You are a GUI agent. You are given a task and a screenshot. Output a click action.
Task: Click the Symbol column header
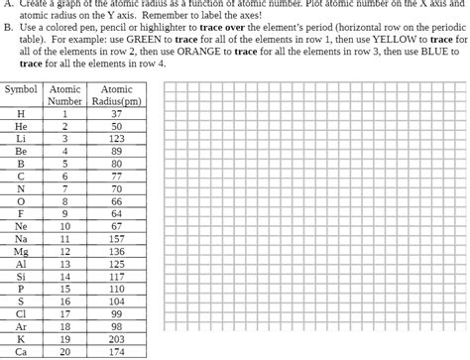[x=21, y=88]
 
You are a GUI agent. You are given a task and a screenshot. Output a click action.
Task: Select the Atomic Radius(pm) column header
[x=116, y=94]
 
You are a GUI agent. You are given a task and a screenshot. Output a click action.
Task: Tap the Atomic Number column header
[x=65, y=94]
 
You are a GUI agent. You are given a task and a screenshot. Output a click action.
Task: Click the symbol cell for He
[x=21, y=127]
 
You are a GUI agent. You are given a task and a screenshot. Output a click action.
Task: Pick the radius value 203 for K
[x=116, y=338]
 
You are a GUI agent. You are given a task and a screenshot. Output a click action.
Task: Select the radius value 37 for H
[x=116, y=114]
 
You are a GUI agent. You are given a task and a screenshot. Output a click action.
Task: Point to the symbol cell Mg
[x=21, y=252]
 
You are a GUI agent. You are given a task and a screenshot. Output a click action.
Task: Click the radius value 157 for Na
[x=116, y=239]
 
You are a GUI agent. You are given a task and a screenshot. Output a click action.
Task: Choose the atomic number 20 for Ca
[x=65, y=351]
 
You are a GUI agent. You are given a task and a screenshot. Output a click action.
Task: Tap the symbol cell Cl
[x=21, y=313]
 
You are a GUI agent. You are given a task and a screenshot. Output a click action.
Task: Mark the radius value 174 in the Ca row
[x=116, y=351]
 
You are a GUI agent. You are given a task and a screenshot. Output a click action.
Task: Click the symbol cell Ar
[x=21, y=326]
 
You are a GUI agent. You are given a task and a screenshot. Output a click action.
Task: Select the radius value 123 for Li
[x=116, y=140]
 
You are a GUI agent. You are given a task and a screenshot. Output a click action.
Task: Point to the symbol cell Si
[x=21, y=277]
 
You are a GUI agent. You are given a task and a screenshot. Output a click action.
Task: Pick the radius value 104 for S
[x=116, y=301]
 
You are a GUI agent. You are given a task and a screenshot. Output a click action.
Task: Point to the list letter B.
[x=9, y=29]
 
